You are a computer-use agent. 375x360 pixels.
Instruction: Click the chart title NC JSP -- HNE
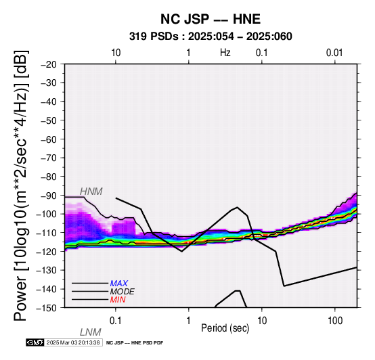[x=211, y=19]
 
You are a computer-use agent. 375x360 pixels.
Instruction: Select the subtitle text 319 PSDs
[x=154, y=37]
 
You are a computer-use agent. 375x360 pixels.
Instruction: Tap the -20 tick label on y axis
[x=49, y=64]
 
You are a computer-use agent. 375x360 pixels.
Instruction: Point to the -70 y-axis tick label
[x=49, y=158]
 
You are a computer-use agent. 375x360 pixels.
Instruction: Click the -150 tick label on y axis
[x=47, y=308]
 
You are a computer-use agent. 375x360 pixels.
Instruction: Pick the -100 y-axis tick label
[x=47, y=214]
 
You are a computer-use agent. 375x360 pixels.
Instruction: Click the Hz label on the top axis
[x=225, y=53]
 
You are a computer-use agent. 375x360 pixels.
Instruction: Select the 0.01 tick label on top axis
[x=334, y=53]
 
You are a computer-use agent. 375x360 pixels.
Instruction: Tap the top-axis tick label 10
[x=116, y=53]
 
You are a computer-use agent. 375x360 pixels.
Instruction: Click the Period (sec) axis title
[x=225, y=328]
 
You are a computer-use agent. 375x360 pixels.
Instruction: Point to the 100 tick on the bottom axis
[x=335, y=321]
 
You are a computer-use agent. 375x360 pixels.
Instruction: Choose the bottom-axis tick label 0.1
[x=115, y=321]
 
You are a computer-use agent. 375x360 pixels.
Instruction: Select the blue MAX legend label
[x=119, y=284]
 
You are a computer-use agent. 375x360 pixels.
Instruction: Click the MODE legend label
[x=123, y=292]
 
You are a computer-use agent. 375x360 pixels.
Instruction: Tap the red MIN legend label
[x=118, y=300]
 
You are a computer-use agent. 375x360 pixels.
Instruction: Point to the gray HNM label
[x=91, y=192]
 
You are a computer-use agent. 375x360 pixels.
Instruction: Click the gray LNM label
[x=91, y=332]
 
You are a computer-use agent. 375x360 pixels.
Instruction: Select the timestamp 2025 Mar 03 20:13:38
[x=73, y=342]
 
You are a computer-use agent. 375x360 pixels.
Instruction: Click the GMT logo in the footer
[x=35, y=342]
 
